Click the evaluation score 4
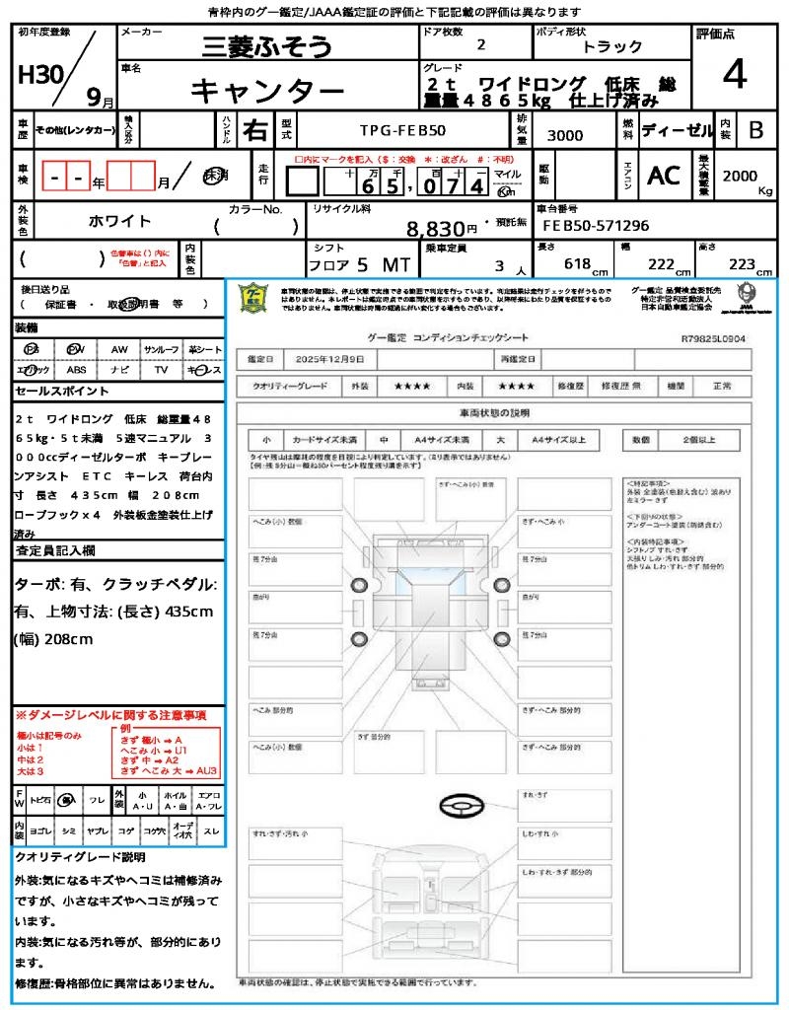pyautogui.click(x=734, y=75)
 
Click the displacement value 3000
pyautogui.click(x=565, y=135)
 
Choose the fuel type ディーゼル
pyautogui.click(x=677, y=129)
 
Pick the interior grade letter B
pyautogui.click(x=755, y=129)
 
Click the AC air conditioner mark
pyautogui.click(x=664, y=176)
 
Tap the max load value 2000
pyautogui.click(x=740, y=176)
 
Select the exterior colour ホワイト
pyautogui.click(x=120, y=220)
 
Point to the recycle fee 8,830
pyautogui.click(x=435, y=229)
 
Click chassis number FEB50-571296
pyautogui.click(x=596, y=226)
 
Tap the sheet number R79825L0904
pyautogui.click(x=713, y=338)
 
